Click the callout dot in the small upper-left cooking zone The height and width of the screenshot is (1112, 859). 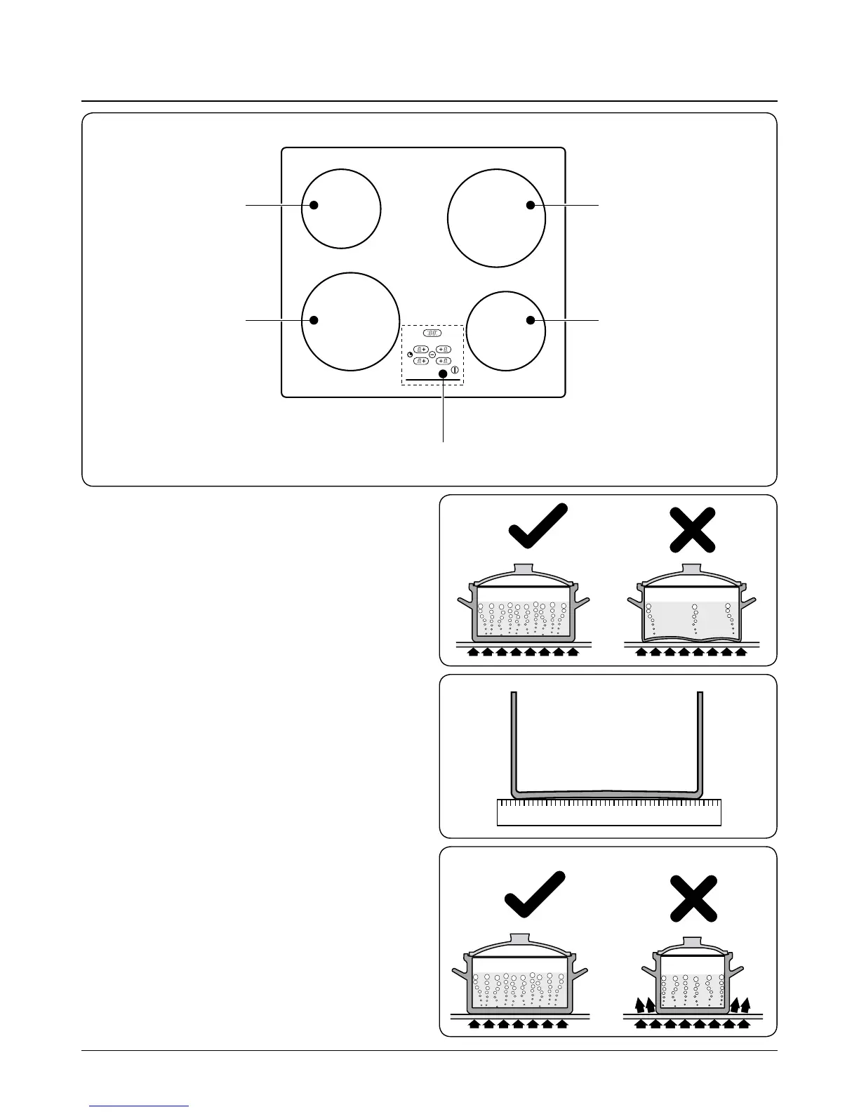[314, 205]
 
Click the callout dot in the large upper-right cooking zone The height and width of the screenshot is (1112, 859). [531, 205]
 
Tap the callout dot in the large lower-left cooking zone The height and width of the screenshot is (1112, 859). [314, 320]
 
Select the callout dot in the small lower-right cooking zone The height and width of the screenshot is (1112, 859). [531, 320]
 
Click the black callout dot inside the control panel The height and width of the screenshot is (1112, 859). [444, 374]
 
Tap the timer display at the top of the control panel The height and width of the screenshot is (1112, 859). [432, 335]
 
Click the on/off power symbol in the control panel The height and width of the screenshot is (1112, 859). [455, 370]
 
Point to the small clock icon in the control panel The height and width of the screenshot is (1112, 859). [409, 355]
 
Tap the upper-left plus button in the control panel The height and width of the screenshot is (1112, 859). [420, 349]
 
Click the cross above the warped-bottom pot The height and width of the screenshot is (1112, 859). [692, 530]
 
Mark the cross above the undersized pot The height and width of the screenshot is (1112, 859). [693, 898]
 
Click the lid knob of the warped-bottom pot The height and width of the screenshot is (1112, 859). [692, 569]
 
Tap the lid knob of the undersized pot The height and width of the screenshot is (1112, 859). [693, 940]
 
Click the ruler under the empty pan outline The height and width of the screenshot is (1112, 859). [608, 812]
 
